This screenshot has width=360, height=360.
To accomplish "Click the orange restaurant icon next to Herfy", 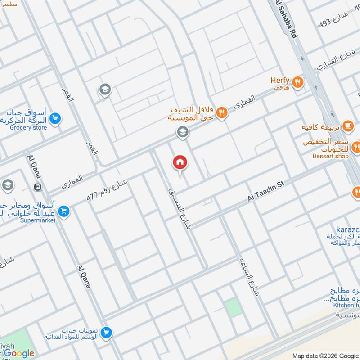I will click(297, 82).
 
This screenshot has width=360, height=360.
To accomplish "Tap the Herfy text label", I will click(279, 81).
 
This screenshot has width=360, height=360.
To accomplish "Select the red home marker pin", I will click(180, 163).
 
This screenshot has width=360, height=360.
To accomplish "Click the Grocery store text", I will click(28, 128).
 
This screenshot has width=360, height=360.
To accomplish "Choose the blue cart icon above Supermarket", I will click(64, 211).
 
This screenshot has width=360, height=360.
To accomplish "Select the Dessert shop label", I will click(330, 156).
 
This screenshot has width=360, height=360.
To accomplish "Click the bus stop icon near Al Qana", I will click(38, 187).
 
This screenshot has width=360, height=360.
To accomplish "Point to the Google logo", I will click(19, 353).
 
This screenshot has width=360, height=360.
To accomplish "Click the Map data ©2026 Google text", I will click(328, 354).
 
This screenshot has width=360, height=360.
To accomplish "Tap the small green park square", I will click(233, 308).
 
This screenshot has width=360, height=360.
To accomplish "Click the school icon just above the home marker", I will click(182, 132).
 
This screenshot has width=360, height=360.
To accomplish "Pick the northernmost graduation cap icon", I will click(105, 89).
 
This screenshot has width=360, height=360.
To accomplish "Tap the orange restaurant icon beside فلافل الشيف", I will click(221, 113).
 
